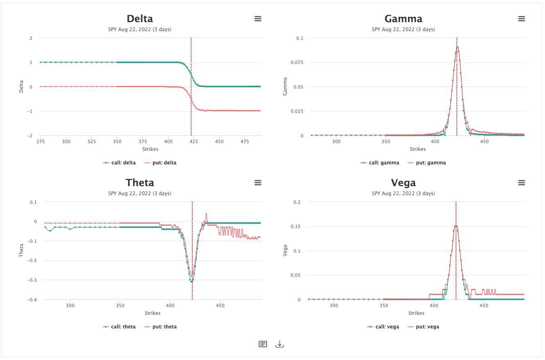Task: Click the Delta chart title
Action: tap(140, 19)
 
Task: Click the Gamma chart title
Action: tap(403, 19)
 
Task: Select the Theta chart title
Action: tap(140, 183)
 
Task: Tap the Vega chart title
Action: tap(403, 183)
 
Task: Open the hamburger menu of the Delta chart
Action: tap(258, 19)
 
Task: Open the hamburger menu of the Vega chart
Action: tap(521, 183)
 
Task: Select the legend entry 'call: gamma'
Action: tap(380, 163)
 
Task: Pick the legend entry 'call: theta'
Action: tap(119, 327)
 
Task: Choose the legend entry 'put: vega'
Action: tap(423, 327)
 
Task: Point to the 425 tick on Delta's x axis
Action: tap(194, 141)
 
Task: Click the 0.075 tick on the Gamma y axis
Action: tap(297, 62)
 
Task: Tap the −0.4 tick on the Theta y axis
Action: tap(32, 300)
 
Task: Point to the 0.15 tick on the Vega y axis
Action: tap(295, 226)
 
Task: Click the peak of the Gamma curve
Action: tap(457, 47)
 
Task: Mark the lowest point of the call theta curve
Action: tap(192, 282)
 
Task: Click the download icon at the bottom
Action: tap(280, 344)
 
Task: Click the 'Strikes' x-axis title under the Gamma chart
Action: tap(417, 149)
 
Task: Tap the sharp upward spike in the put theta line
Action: tap(206, 214)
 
